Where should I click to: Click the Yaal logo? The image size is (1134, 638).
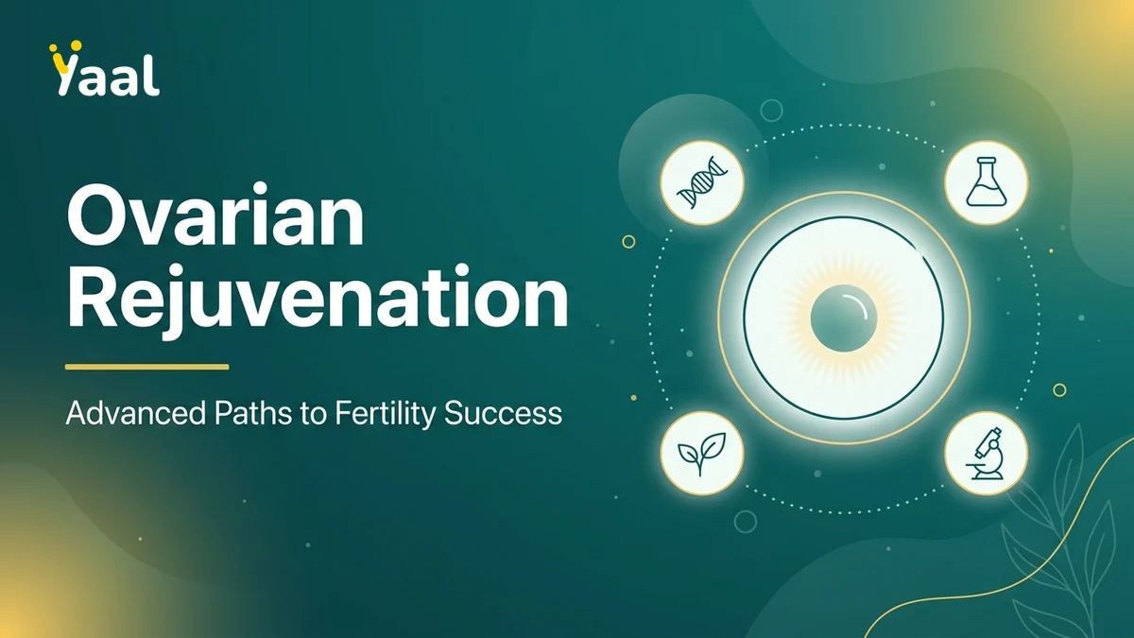pyautogui.click(x=104, y=68)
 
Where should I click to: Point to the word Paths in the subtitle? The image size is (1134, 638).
pyautogui.click(x=253, y=413)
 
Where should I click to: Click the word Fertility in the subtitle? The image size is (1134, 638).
pyautogui.click(x=385, y=414)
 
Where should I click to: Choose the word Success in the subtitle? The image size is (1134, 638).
pyautogui.click(x=503, y=414)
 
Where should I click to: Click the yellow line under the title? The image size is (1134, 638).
pyautogui.click(x=146, y=367)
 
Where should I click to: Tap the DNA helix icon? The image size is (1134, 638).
pyautogui.click(x=702, y=182)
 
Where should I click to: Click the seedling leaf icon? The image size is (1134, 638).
pyautogui.click(x=701, y=454)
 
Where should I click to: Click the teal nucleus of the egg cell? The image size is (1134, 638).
pyautogui.click(x=843, y=318)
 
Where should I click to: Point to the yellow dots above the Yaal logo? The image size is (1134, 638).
pyautogui.click(x=65, y=46)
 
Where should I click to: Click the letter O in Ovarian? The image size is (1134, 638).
pyautogui.click(x=98, y=215)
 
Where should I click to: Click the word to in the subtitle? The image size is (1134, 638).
pyautogui.click(x=314, y=414)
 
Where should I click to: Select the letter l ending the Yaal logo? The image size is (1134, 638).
pyautogui.click(x=153, y=75)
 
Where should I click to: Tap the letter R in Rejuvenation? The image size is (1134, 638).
pyautogui.click(x=91, y=297)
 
